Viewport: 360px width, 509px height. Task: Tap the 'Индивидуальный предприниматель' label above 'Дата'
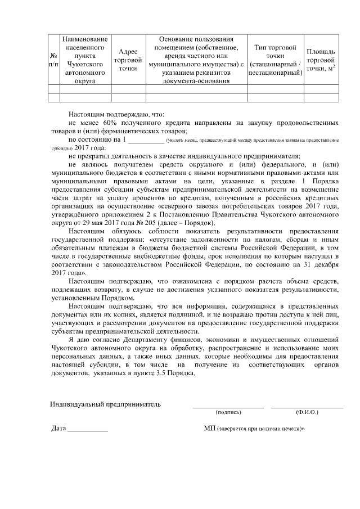click(105, 404)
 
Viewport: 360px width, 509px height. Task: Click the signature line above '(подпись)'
click(228, 406)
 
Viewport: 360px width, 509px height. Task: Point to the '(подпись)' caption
click(228, 412)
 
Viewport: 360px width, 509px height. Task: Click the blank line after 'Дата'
click(87, 431)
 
